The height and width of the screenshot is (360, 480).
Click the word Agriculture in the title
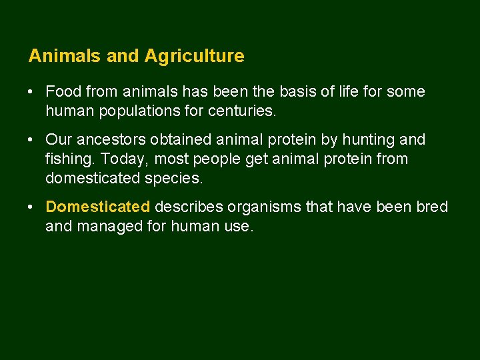(x=193, y=57)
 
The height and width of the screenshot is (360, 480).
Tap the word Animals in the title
(x=65, y=56)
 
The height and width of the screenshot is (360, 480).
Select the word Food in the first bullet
(x=62, y=91)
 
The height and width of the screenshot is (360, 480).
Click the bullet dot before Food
(x=32, y=91)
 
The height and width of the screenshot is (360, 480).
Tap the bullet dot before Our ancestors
(x=32, y=140)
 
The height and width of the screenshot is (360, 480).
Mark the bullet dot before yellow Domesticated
(x=32, y=207)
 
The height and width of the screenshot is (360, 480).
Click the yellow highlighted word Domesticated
(x=98, y=207)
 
